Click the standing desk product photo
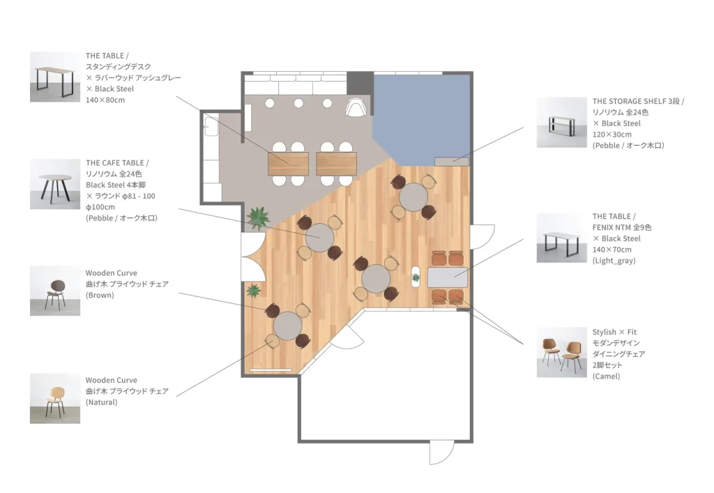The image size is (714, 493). click(55, 77)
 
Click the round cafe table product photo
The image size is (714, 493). click(55, 184)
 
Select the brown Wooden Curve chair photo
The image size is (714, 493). click(55, 291)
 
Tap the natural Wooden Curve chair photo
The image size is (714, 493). click(55, 399)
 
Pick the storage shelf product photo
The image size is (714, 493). click(561, 123)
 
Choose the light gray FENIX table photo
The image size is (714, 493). click(561, 237)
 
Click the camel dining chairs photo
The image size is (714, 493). click(561, 352)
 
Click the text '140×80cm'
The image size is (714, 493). click(105, 100)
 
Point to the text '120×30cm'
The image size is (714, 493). click(612, 135)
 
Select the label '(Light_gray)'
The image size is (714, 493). click(614, 261)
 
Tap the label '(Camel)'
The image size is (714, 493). click(606, 376)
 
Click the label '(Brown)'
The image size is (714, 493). click(100, 295)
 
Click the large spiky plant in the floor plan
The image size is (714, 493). click(258, 217)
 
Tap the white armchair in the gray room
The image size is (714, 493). click(356, 107)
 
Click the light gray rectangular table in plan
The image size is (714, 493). click(448, 278)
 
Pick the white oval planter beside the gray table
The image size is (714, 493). click(416, 276)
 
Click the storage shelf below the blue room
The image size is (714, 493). click(452, 161)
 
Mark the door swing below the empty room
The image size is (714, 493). click(442, 453)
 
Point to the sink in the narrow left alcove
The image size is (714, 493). click(211, 126)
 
